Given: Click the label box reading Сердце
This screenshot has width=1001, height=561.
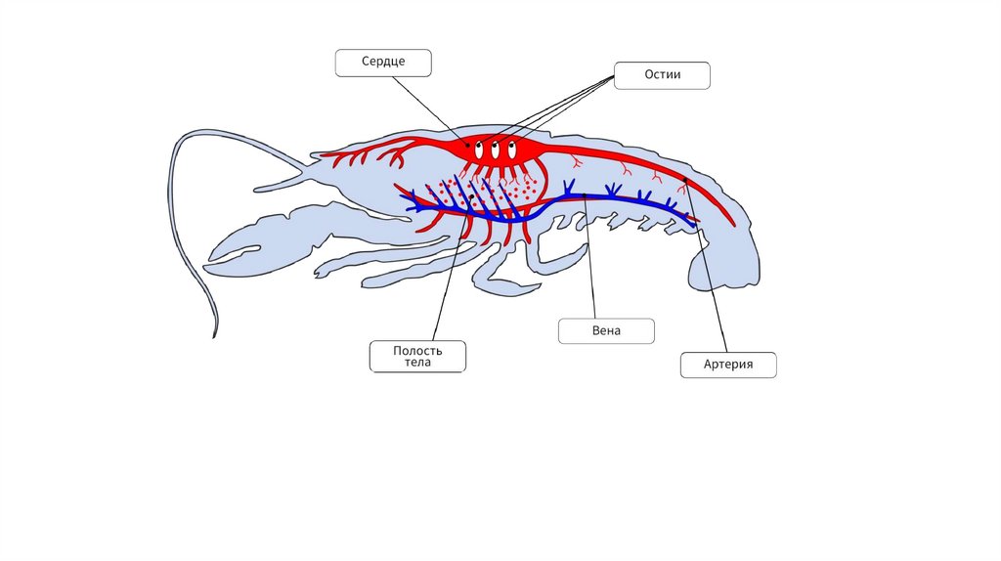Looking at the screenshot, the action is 383,63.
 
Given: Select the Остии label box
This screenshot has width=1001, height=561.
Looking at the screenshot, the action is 662,75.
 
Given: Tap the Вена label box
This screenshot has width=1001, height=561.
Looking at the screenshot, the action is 606,330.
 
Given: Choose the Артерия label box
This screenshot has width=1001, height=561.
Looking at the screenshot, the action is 728,366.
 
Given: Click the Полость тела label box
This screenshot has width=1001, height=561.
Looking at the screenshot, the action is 417,356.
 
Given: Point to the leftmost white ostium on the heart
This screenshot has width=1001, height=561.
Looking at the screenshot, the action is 479,151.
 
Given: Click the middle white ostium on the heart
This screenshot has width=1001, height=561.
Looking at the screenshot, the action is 496,151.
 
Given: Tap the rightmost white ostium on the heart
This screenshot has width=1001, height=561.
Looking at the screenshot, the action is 512,151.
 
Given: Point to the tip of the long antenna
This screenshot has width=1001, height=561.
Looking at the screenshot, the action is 214,335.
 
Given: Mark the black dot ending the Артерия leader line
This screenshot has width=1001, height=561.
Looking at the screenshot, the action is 687,182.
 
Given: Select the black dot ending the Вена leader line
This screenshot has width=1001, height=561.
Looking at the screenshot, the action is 585,194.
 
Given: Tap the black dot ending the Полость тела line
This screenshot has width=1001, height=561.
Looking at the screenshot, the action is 473,197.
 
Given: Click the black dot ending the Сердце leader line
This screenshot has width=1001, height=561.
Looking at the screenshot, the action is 467,145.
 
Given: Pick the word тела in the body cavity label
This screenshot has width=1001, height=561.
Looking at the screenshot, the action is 417,363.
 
